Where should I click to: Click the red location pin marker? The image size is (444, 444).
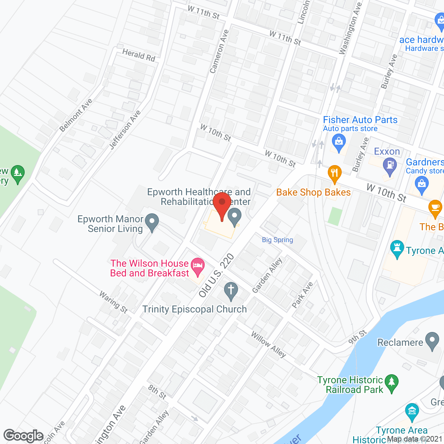pyautogui.click(x=222, y=205)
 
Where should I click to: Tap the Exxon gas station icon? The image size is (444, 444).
pyautogui.click(x=390, y=165)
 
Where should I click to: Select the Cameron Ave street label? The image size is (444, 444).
pyautogui.click(x=219, y=51)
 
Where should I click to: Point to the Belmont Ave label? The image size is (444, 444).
pyautogui.click(x=76, y=115)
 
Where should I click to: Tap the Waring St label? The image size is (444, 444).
pyautogui.click(x=113, y=302)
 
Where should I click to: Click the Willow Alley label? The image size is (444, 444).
pyautogui.click(x=268, y=344)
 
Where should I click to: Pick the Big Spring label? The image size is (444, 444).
pyautogui.click(x=277, y=240)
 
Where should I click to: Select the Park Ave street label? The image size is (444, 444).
pyautogui.click(x=302, y=295)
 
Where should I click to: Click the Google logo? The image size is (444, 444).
pyautogui.click(x=24, y=436)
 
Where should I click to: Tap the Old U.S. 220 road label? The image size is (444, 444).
pyautogui.click(x=217, y=275)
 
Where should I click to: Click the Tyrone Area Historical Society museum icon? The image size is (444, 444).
pyautogui.click(x=412, y=411)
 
